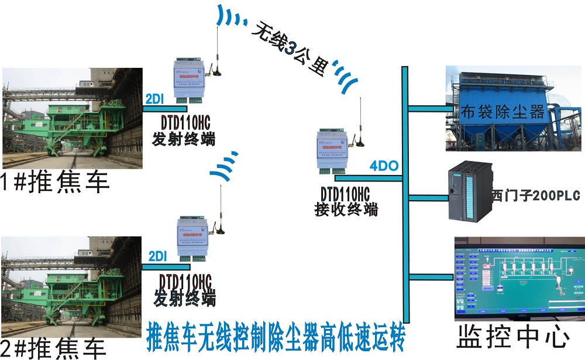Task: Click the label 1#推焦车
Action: coord(56,182)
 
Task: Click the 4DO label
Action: coord(384,166)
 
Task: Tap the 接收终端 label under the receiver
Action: coord(346,209)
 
